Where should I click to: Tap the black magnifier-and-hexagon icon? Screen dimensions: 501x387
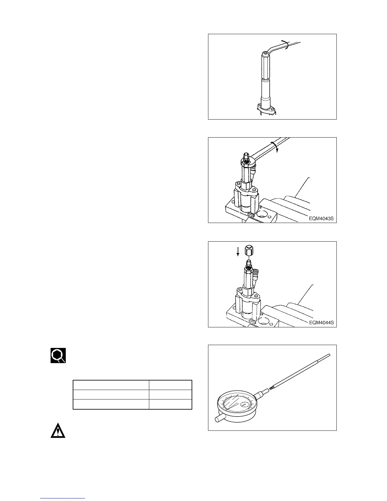click(x=58, y=356)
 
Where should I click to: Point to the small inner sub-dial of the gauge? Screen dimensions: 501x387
click(x=244, y=404)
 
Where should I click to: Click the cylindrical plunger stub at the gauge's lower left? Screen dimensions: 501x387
click(x=219, y=419)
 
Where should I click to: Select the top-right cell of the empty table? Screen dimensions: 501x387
click(x=170, y=385)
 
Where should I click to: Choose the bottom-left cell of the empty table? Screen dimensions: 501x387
click(x=111, y=404)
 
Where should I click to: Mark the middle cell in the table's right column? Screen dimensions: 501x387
click(x=170, y=394)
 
